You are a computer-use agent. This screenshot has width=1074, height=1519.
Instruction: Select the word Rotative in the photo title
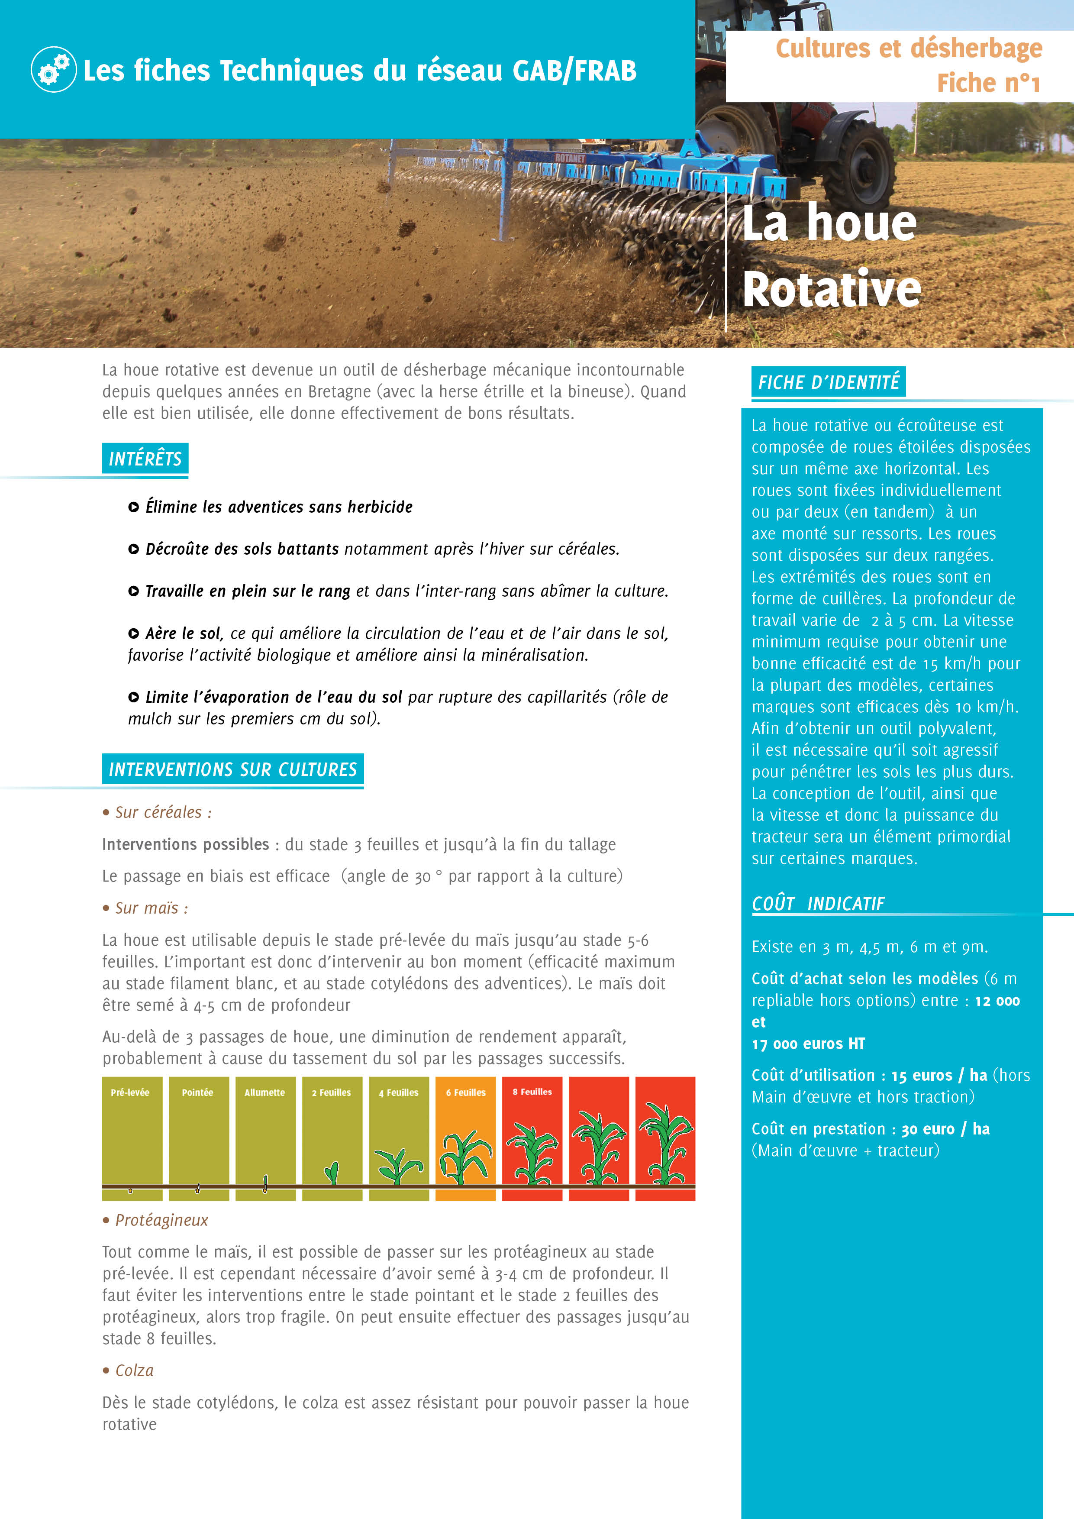tap(831, 289)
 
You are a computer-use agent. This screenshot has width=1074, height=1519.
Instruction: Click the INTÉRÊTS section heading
tap(145, 459)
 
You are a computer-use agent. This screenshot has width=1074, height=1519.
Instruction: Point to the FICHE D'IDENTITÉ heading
tap(828, 382)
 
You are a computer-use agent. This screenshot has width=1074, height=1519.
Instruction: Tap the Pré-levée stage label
tap(130, 1092)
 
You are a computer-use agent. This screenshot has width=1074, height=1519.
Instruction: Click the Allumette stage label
tap(264, 1092)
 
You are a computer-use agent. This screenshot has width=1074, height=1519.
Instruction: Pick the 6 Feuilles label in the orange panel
tap(466, 1092)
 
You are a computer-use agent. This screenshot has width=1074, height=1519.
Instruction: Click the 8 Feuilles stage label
tap(532, 1092)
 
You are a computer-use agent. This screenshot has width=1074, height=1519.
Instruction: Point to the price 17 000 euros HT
tap(808, 1044)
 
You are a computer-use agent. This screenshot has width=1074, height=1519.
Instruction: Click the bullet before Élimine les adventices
tap(134, 507)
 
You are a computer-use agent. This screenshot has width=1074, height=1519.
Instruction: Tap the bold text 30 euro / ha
tap(945, 1129)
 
